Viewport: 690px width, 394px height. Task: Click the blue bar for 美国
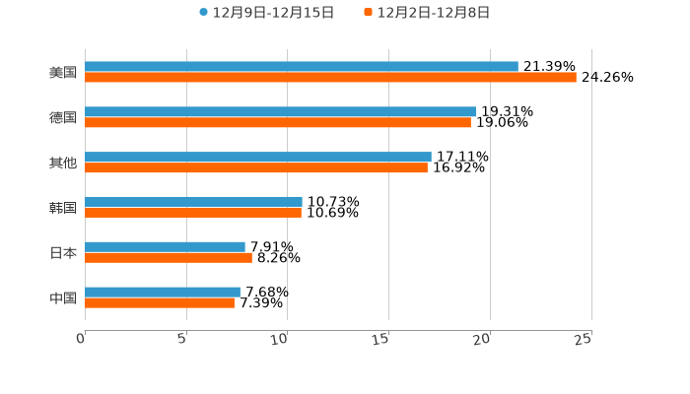point(302,67)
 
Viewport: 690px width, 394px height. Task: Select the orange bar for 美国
point(330,77)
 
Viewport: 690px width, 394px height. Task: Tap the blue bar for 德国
point(281,112)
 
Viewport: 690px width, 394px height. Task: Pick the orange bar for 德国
point(278,123)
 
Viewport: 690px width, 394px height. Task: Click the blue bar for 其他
point(258,158)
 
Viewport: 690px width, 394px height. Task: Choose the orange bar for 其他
point(256,167)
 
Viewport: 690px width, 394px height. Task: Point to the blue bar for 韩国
point(193,202)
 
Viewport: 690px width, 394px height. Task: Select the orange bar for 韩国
point(193,212)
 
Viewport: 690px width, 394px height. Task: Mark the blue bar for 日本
point(165,247)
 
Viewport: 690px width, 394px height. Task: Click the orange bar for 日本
point(169,258)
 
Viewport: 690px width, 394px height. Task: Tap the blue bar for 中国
point(163,293)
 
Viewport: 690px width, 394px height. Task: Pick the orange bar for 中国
point(160,302)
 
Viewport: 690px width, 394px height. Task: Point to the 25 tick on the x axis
point(583,339)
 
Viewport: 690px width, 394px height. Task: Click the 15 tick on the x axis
point(380,339)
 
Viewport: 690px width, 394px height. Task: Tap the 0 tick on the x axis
point(82,339)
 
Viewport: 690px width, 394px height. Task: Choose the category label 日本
point(63,253)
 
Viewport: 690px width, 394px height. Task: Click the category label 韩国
point(63,208)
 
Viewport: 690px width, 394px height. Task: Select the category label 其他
point(63,163)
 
